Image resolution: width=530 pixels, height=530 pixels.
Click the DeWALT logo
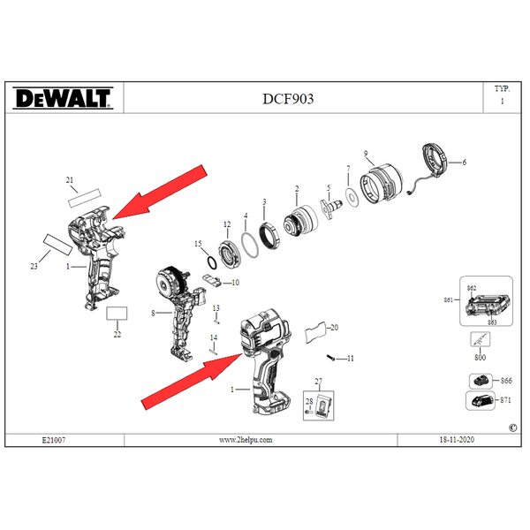point(63,98)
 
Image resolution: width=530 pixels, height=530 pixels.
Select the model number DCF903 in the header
point(288,99)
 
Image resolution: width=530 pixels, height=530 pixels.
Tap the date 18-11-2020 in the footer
point(457,440)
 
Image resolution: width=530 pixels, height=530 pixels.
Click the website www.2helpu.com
point(246,440)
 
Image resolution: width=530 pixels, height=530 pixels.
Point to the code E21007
point(54,440)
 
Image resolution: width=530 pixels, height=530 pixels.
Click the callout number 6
point(464,163)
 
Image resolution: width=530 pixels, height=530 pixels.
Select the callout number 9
point(366,154)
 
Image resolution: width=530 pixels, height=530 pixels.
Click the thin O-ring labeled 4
point(251,245)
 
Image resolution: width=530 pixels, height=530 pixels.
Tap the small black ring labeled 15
point(212,263)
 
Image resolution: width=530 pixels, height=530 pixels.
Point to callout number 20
point(334,328)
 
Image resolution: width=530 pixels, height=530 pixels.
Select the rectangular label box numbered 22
point(117,314)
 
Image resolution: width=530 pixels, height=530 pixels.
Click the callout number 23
point(34,267)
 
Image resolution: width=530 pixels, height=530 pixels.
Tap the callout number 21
point(69,180)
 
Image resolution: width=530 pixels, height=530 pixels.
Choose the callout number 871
point(505,400)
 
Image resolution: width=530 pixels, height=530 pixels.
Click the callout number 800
point(480,357)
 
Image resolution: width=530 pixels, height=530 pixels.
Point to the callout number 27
point(318,382)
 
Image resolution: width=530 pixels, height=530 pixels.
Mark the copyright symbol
point(512,428)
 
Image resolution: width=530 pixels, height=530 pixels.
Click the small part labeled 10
point(212,279)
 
